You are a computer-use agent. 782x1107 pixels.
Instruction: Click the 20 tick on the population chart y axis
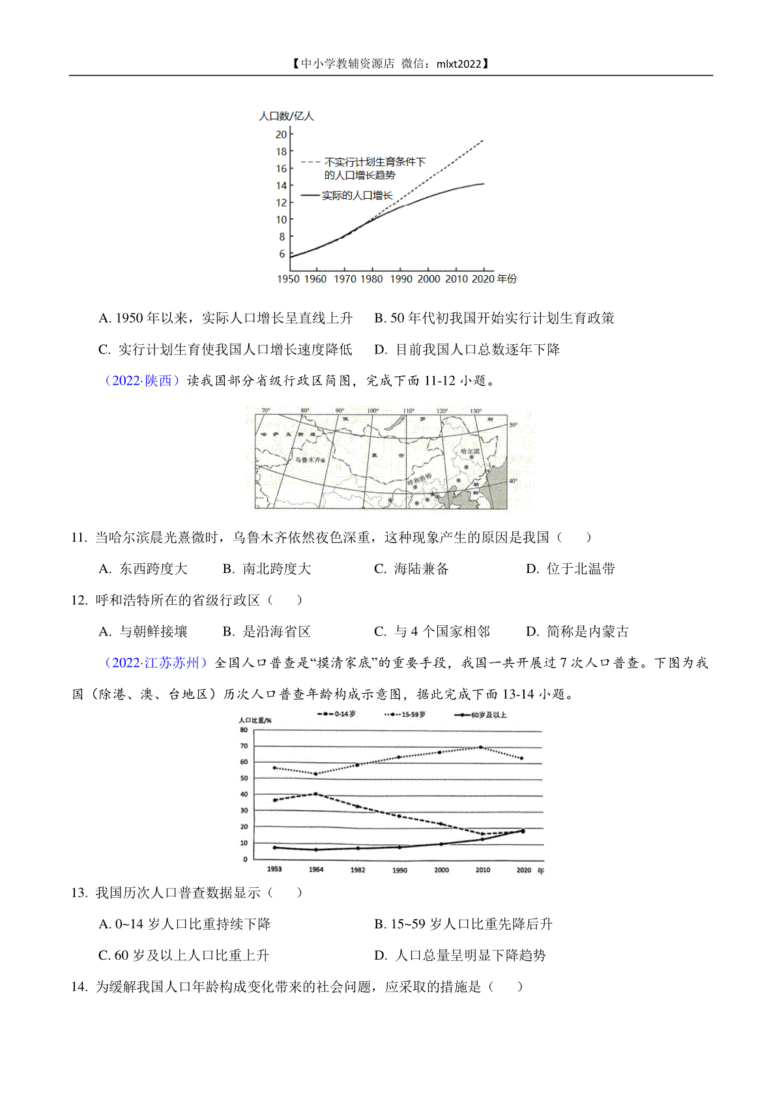pyautogui.click(x=282, y=134)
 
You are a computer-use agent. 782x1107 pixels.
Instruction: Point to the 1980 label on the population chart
pyautogui.click(x=371, y=279)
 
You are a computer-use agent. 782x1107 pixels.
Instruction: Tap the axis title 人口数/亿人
pyautogui.click(x=286, y=116)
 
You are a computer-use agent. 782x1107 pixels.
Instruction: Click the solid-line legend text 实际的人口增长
pyautogui.click(x=357, y=196)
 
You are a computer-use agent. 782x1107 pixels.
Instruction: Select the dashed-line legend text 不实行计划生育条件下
pyautogui.click(x=375, y=162)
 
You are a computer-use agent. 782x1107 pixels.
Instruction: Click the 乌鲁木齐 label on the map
pyautogui.click(x=308, y=460)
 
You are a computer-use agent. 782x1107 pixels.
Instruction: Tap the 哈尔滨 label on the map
pyautogui.click(x=470, y=451)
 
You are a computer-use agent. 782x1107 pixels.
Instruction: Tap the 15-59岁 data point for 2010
pyautogui.click(x=481, y=747)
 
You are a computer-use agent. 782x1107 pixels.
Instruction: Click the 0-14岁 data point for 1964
pyautogui.click(x=316, y=794)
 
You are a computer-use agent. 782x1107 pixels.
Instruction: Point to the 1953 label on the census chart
pyautogui.click(x=274, y=869)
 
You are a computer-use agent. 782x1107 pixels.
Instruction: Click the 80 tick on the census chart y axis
pyautogui.click(x=244, y=730)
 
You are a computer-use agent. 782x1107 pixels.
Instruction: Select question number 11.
pyautogui.click(x=79, y=538)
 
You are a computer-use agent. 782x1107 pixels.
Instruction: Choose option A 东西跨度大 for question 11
pyautogui.click(x=143, y=569)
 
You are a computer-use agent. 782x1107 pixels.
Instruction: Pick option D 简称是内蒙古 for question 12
pyautogui.click(x=577, y=632)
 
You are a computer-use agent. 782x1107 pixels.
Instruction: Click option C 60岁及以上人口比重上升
pyautogui.click(x=184, y=956)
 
